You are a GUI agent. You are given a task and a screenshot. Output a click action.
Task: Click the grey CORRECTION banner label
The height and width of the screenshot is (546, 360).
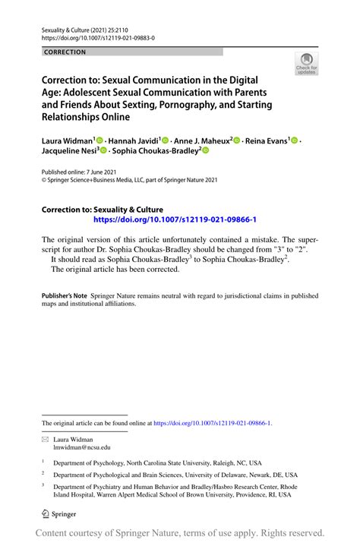click(x=65, y=52)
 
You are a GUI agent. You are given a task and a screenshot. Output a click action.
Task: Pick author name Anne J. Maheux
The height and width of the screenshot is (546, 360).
click(x=202, y=140)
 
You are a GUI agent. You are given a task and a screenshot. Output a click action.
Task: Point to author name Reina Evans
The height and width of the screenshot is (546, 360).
click(x=267, y=140)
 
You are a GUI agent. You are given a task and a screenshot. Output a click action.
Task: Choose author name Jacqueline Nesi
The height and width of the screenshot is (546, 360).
click(x=68, y=151)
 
